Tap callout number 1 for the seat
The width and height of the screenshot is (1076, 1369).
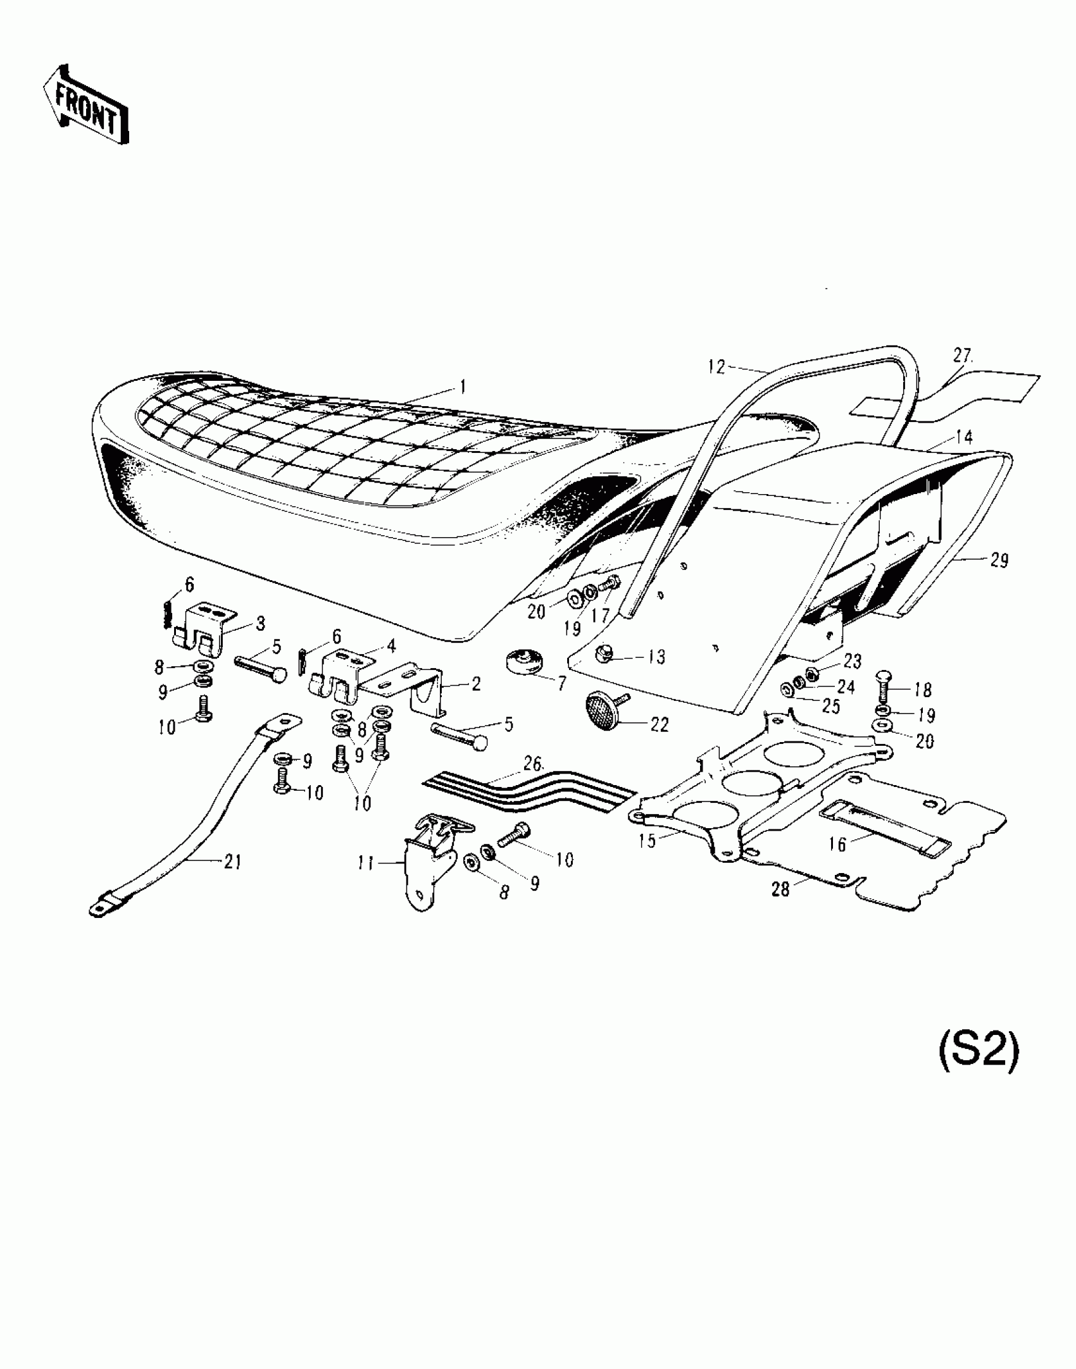[x=463, y=387]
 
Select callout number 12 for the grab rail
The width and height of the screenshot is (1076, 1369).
[x=716, y=366]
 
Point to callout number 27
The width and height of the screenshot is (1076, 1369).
[x=962, y=356]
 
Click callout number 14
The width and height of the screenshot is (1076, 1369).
[x=965, y=437]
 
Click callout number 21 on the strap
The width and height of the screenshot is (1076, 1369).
[x=232, y=861]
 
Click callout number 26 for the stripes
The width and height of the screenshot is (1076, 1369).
[x=532, y=764]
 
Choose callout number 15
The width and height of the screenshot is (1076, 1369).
[x=647, y=841]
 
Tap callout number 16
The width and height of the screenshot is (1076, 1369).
[x=837, y=844]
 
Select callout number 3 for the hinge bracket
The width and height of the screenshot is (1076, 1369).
[x=260, y=623]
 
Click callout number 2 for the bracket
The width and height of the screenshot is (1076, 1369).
[x=475, y=684]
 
